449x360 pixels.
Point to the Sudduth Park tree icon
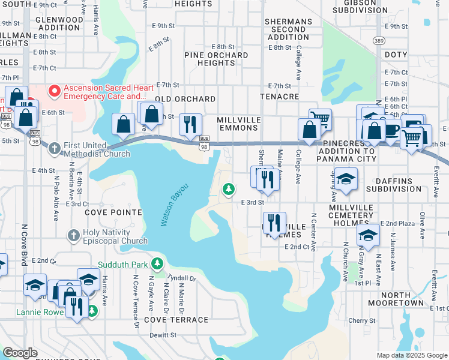[157, 264]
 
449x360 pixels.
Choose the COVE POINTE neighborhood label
[113, 212]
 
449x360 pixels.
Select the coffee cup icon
[393, 129]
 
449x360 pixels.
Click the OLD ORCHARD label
[185, 98]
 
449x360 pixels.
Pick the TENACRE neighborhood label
[279, 96]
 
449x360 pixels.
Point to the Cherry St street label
[363, 320]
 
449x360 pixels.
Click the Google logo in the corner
[20, 353]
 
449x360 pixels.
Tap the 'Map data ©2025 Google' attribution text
[411, 355]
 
